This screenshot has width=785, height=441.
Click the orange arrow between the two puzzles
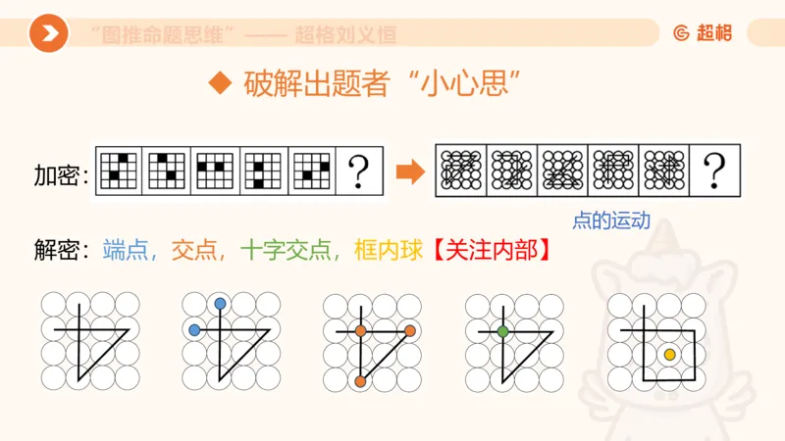[408, 171]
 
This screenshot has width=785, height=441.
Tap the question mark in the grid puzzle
[360, 172]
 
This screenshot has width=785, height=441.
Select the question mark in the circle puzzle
[713, 172]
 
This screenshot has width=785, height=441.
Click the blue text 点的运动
[611, 220]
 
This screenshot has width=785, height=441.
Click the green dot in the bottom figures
[502, 332]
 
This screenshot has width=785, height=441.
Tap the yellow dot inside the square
[668, 353]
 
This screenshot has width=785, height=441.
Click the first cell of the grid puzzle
[118, 171]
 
